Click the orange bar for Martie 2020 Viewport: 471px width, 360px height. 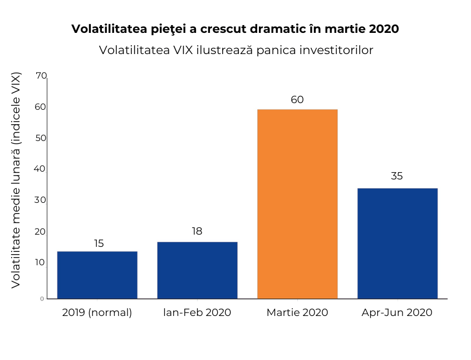(x=297, y=204)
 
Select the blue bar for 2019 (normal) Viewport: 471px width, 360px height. (x=97, y=275)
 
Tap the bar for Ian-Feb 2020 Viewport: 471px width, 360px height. (x=197, y=270)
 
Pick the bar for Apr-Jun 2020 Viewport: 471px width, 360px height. (x=397, y=244)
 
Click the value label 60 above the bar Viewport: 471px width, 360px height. (x=297, y=100)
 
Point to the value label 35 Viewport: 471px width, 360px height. (x=397, y=176)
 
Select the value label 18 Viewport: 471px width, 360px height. (x=197, y=231)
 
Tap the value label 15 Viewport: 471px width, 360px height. (x=99, y=244)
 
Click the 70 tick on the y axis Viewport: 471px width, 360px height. (x=41, y=76)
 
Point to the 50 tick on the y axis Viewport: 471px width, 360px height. (x=41, y=138)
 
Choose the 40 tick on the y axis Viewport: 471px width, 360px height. (x=41, y=169)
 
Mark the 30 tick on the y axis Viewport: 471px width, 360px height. (x=41, y=200)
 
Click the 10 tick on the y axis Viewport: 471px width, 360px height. (x=41, y=262)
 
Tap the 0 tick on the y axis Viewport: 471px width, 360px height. (x=42, y=299)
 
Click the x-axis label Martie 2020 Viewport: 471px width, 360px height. (x=297, y=313)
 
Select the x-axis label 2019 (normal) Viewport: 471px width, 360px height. (x=97, y=313)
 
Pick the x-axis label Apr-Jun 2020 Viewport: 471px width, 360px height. (x=397, y=313)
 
